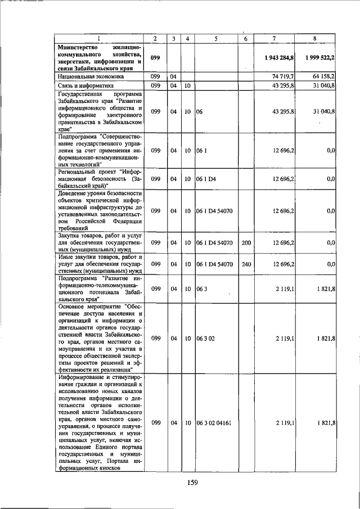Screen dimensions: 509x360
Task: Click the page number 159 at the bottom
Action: coord(193,482)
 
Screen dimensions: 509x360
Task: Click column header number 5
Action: coord(216,38)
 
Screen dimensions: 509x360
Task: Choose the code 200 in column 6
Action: coord(245,242)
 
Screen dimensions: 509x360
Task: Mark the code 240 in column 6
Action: coord(245,263)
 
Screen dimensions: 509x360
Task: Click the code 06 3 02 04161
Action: coord(218,422)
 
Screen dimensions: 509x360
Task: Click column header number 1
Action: coord(98,38)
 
